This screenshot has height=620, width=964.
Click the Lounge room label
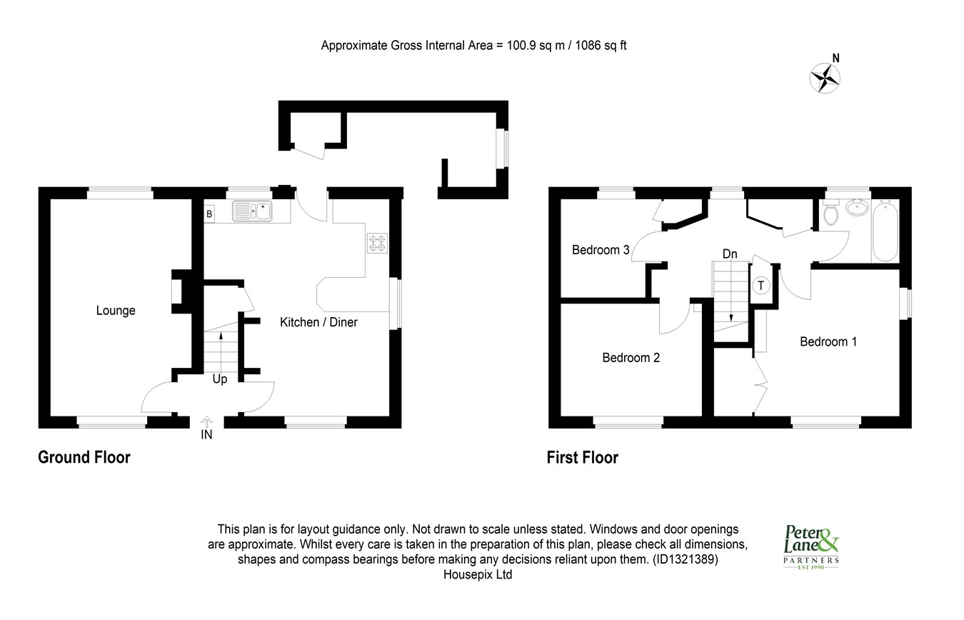pos(116,311)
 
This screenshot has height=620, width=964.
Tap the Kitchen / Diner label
pos(318,322)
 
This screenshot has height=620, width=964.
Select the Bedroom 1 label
pos(828,342)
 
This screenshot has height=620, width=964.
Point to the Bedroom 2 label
pos(631,358)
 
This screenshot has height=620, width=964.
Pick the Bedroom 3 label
pos(601,250)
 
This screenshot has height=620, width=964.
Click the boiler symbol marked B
pos(210,214)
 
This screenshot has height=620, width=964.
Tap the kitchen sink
pos(252,211)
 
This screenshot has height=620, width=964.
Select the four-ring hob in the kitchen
pos(378,243)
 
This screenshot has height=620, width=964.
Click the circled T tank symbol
pos(761,286)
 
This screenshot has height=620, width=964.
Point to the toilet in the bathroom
pos(830,212)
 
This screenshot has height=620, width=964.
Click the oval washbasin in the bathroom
pos(857,208)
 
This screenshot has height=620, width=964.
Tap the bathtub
pos(885,231)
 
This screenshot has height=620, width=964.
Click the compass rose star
pos(825,79)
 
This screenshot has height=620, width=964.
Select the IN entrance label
pos(206,435)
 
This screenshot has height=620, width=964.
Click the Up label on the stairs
pos(219,379)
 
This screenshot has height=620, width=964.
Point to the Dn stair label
pos(730,254)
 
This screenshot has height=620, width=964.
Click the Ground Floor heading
pos(84,457)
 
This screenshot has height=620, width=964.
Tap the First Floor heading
pos(582,458)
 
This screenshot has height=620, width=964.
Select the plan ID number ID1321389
pos(685,559)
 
